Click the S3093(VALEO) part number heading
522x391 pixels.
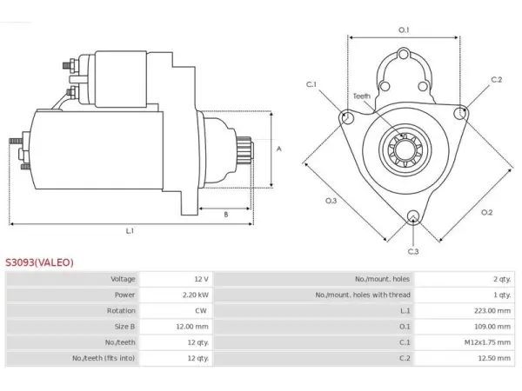pos(39,262)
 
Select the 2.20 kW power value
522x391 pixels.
pos(196,295)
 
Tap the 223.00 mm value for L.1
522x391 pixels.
pos(492,310)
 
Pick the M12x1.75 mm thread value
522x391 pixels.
pos(488,342)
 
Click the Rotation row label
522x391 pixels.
pos(121,310)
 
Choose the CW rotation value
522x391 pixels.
pos(201,310)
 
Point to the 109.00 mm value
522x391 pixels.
pos(492,327)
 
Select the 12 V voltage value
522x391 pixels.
pos(202,279)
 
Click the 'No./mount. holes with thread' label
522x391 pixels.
pos(363,295)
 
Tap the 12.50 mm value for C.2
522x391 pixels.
pos(494,358)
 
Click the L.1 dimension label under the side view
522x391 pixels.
pos(130,231)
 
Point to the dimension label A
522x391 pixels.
pos(279,149)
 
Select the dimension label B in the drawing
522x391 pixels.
pos(226,215)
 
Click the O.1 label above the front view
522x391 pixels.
pos(404,30)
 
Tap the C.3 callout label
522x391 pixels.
pos(413,251)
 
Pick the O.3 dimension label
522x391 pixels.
pos(331,201)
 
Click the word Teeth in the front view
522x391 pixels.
pos(362,96)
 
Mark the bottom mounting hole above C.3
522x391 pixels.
pos(413,216)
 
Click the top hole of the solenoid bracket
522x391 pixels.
pos(404,54)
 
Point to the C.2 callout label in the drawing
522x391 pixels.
pos(497,79)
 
